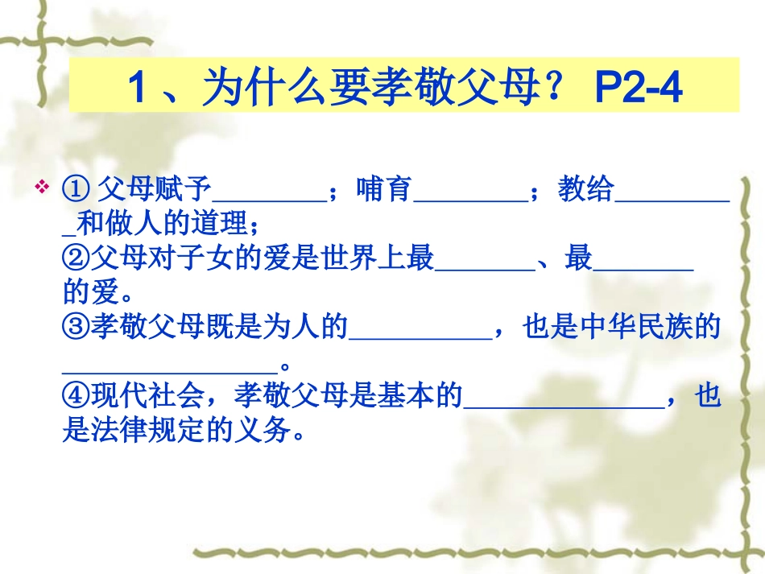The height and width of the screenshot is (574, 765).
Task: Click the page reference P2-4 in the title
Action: (x=638, y=87)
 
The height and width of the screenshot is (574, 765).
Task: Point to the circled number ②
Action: (x=76, y=259)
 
